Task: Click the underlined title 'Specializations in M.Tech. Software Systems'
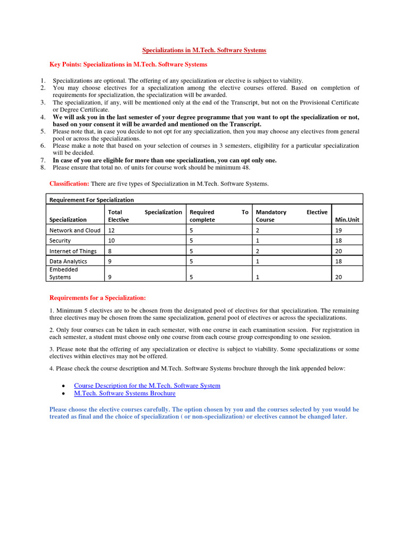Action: coord(204,50)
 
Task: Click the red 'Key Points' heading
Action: coord(128,65)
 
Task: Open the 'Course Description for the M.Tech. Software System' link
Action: coord(147,386)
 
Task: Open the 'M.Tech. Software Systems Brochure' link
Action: coord(125,394)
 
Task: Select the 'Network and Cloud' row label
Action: coord(75,230)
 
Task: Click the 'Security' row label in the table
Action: coord(60,240)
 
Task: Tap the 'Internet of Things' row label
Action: coord(73,251)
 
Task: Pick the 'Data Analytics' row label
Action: coord(68,261)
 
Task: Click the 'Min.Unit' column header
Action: coord(346,219)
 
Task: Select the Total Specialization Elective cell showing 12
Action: coord(111,230)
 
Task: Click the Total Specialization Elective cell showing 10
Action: coord(111,240)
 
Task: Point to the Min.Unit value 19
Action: coord(339,230)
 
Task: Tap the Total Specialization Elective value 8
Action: coord(110,251)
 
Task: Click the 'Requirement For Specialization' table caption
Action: coord(92,200)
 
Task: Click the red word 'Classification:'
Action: coord(69,183)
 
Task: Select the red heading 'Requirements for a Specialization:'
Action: coord(97,298)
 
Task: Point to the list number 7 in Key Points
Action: coord(43,160)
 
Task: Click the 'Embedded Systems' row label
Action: coord(64,273)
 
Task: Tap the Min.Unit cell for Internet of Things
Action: coord(339,251)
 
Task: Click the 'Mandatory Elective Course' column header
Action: coord(291,215)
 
